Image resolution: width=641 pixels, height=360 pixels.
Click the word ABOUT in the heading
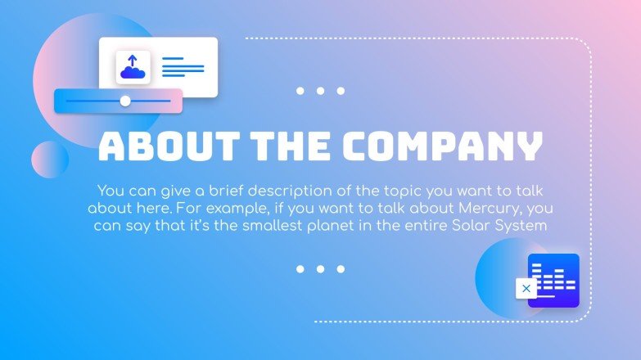(x=163, y=146)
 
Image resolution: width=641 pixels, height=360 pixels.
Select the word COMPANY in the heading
(x=442, y=146)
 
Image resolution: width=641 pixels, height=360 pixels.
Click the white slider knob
(x=125, y=101)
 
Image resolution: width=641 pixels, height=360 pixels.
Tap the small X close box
(x=526, y=288)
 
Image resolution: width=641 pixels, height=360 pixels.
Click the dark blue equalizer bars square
(x=554, y=280)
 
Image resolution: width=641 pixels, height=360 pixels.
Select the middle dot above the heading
(x=320, y=91)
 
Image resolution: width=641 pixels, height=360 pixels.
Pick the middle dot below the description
(x=320, y=268)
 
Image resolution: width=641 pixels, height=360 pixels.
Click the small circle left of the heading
(x=50, y=160)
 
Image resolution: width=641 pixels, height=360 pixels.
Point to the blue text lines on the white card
(x=183, y=67)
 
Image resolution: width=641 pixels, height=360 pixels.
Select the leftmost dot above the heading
(x=300, y=91)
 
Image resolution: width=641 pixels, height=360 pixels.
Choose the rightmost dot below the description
(x=341, y=268)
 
